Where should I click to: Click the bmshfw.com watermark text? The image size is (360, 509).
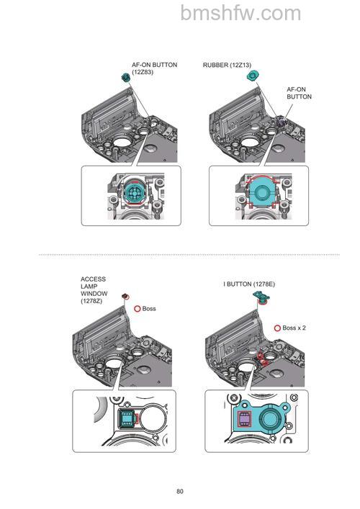(x=240, y=13)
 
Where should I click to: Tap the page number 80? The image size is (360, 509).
(x=180, y=491)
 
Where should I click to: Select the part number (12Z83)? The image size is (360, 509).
(x=143, y=72)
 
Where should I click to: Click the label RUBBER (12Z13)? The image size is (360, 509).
(x=227, y=66)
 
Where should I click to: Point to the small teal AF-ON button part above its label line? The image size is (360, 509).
(x=125, y=77)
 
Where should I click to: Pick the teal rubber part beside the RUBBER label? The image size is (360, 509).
(x=252, y=76)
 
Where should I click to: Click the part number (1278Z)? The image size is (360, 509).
(x=91, y=301)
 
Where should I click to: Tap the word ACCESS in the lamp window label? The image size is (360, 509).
(x=93, y=279)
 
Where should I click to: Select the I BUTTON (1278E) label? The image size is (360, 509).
(x=249, y=284)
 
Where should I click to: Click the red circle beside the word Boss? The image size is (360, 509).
(x=138, y=309)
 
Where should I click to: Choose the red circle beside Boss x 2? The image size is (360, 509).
(x=277, y=328)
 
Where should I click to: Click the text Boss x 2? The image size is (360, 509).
(x=294, y=328)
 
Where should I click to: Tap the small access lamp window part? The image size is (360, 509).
(x=125, y=296)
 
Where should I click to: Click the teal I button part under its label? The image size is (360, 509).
(x=261, y=297)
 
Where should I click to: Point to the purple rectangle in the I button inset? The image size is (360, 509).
(x=244, y=420)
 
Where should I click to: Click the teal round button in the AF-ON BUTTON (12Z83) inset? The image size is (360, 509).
(x=134, y=192)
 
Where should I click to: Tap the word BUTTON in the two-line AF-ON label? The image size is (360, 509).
(x=299, y=96)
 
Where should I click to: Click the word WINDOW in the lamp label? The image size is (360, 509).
(x=94, y=294)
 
